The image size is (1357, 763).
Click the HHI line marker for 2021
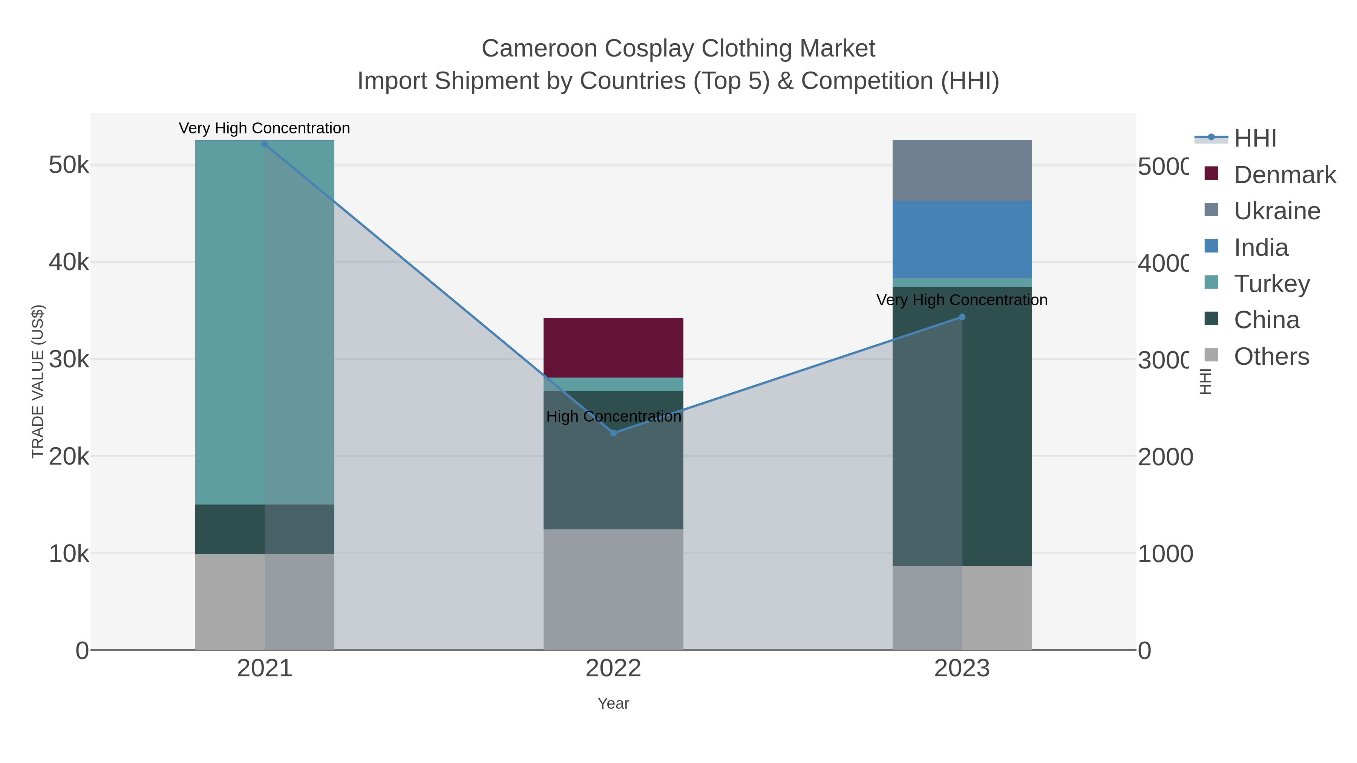point(265,144)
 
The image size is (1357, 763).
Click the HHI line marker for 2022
point(613,433)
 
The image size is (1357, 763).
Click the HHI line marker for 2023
point(962,317)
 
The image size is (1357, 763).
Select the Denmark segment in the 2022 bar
point(613,347)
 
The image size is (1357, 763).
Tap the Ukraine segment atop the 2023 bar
point(962,170)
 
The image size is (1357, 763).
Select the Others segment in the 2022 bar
point(613,589)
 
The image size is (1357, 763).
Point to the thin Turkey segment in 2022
point(613,384)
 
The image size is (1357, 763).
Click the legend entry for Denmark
point(1284,175)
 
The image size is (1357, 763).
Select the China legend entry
point(1267,320)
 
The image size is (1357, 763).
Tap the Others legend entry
point(1271,356)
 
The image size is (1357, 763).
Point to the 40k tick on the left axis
point(69,262)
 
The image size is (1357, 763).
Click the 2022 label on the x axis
point(613,669)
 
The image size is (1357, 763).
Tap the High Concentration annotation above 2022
point(613,416)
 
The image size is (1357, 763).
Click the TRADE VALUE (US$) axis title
point(38,381)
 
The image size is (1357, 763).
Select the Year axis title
point(613,703)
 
